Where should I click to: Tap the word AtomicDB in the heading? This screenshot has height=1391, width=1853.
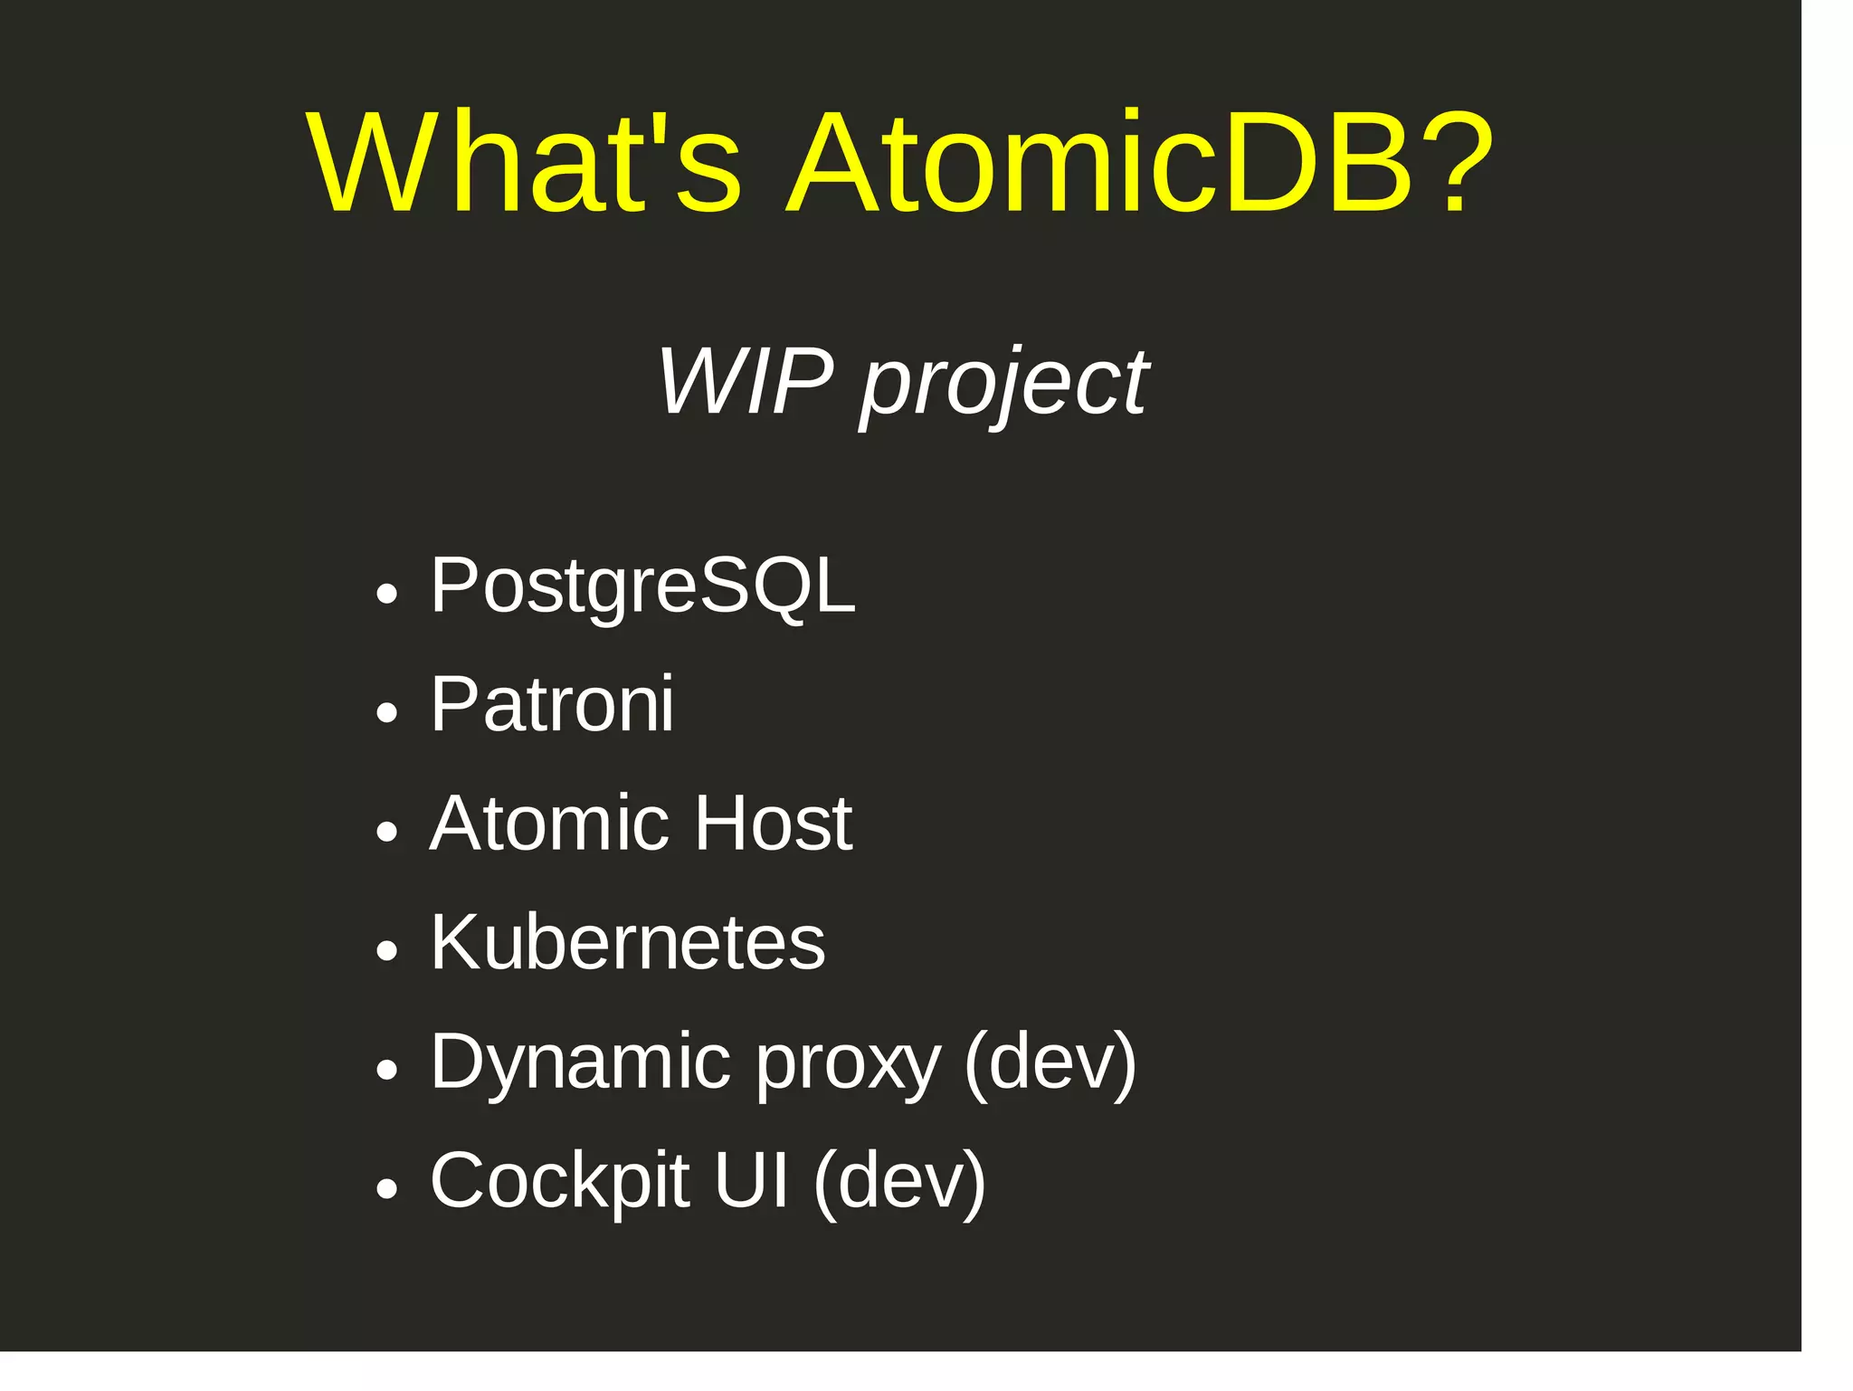[1098, 163]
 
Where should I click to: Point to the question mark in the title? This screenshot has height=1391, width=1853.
[1456, 163]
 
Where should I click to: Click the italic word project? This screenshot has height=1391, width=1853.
[1004, 384]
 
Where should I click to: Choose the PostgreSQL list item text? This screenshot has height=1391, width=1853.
[642, 587]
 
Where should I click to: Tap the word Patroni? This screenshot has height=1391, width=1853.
[552, 704]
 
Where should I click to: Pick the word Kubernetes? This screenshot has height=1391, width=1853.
[628, 943]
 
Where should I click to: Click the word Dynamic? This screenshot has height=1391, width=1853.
[580, 1062]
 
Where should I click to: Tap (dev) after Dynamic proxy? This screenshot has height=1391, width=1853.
[1050, 1062]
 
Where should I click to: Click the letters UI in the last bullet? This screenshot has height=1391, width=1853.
[751, 1181]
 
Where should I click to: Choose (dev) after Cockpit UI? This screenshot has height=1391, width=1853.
[899, 1182]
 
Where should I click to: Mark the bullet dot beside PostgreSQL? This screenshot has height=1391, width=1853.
[386, 594]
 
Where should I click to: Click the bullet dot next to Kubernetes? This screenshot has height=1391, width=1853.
[386, 951]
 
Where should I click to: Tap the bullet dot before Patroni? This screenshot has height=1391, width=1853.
[386, 713]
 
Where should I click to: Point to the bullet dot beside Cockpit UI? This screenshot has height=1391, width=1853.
[386, 1189]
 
